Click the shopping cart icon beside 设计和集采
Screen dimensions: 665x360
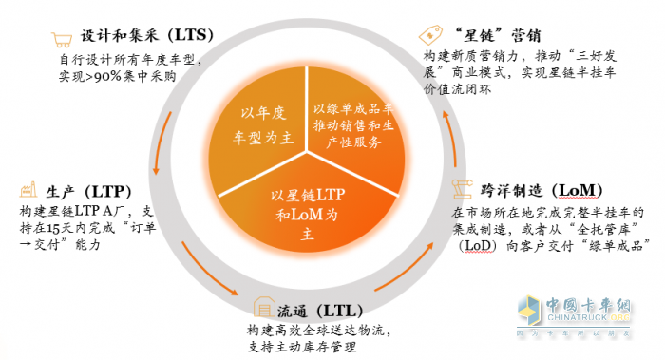(64, 39)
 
